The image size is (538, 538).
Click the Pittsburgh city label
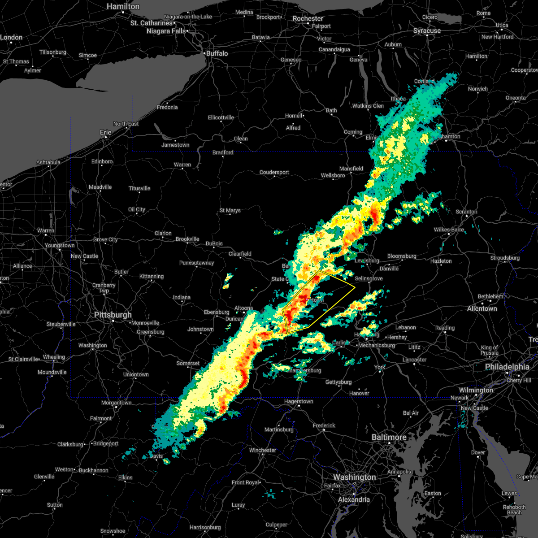[x=113, y=315]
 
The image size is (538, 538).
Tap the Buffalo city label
[x=217, y=53]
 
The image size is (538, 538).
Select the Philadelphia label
[x=507, y=367]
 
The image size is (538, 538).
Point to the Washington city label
[x=354, y=477]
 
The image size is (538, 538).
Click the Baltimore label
[x=389, y=437]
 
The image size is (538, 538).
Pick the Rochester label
[x=308, y=18]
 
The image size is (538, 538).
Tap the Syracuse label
[x=427, y=30]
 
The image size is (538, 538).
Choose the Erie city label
[x=105, y=132]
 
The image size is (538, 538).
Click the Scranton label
[x=466, y=212]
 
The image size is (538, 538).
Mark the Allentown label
[x=482, y=308]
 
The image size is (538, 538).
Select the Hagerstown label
[x=299, y=401]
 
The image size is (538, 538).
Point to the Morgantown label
[x=117, y=403]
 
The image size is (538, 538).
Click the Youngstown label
[x=60, y=245]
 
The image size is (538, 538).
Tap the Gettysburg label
[x=338, y=382]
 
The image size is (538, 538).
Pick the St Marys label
[x=230, y=210]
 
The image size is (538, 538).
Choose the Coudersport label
[x=274, y=172]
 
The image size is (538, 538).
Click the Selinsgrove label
[x=369, y=278]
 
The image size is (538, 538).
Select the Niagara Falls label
[x=166, y=31]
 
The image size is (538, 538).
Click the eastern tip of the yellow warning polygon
[x=355, y=287]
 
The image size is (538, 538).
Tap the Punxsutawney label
[x=196, y=263]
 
